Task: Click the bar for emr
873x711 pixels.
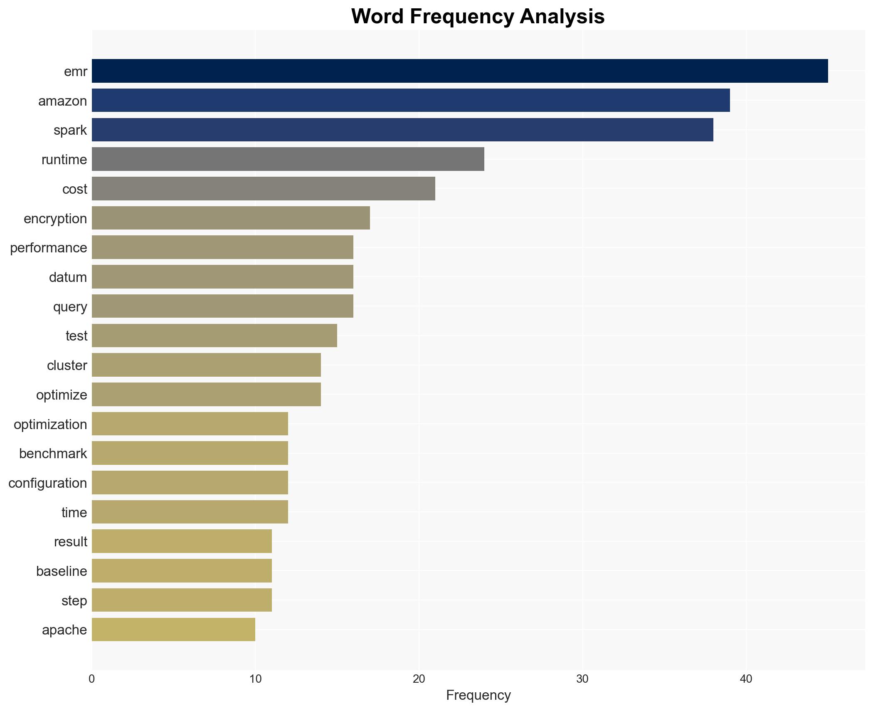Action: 459,71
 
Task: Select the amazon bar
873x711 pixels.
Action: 411,101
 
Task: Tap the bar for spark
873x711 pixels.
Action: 402,130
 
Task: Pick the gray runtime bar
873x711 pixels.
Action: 288,159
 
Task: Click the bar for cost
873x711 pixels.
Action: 263,189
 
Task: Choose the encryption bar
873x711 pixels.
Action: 231,218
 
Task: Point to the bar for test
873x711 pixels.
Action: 214,336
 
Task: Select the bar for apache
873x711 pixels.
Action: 173,630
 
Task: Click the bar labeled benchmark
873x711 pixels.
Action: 190,453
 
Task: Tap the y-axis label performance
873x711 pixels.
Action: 49,248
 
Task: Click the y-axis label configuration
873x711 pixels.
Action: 48,483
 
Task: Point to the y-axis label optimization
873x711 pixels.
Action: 50,425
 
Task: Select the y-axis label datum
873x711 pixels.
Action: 68,277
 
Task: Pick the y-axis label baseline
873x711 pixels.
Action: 62,571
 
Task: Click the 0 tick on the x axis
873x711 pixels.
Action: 92,679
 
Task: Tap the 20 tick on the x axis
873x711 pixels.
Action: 419,679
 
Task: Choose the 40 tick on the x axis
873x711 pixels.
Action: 746,679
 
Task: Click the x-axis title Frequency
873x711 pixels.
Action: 478,695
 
